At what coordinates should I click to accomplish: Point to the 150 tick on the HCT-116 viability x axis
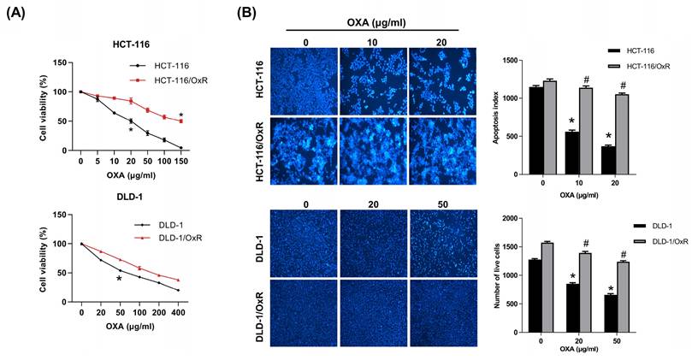click(180, 160)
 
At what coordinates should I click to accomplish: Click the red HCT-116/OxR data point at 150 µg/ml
click(180, 121)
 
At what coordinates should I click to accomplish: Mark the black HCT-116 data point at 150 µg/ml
click(180, 147)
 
